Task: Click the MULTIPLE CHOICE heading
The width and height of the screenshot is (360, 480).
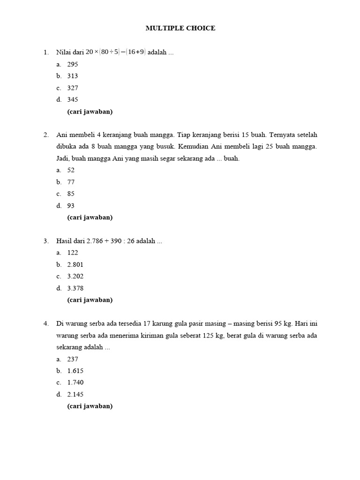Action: [180, 28]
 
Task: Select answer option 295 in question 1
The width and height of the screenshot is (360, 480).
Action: [72, 64]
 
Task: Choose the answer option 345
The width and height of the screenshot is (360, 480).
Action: [72, 99]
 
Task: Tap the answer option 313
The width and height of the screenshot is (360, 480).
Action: [72, 76]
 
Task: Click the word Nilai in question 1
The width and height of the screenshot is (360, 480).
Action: [63, 52]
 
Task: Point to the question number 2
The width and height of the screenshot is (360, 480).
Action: [46, 135]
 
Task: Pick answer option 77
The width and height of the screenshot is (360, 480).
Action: [71, 182]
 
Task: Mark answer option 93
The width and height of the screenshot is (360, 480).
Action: [71, 205]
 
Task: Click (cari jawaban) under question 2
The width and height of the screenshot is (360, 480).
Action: [90, 217]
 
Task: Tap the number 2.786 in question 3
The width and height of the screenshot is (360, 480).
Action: [96, 241]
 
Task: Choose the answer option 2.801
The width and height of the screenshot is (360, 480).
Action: [75, 264]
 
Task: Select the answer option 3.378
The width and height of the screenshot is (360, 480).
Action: [75, 288]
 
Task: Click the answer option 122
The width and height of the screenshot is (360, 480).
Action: [72, 253]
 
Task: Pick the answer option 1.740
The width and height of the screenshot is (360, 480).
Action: [75, 382]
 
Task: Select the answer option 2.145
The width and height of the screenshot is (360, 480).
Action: [75, 394]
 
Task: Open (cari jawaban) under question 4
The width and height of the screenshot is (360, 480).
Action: [90, 406]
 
